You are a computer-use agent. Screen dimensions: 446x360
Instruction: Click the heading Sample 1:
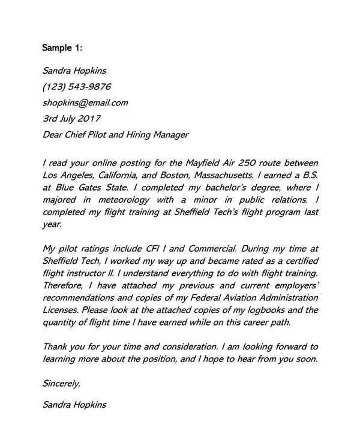pos(62,47)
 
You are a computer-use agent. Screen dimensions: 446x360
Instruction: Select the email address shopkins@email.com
pos(86,102)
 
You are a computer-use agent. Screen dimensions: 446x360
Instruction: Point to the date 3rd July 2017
pos(72,118)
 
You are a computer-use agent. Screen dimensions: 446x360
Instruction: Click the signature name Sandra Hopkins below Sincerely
pos(75,405)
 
